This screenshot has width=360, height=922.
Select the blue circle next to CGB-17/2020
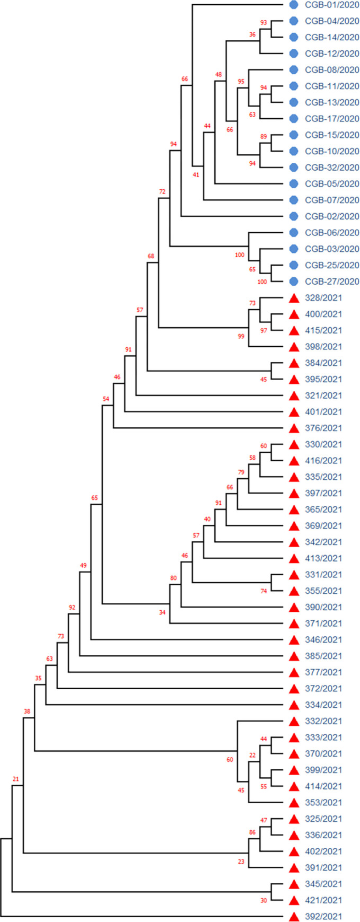[x=294, y=119]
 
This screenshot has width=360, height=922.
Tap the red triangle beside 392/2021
[x=294, y=916]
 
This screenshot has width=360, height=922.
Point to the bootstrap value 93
[x=264, y=22]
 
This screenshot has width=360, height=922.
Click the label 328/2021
[x=323, y=298]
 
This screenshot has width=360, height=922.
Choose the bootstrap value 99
[x=241, y=336]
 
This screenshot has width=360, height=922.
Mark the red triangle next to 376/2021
[x=294, y=428]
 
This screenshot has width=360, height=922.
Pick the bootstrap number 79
[x=241, y=472]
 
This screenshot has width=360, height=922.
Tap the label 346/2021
[x=323, y=639]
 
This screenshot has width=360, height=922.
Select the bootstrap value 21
[x=16, y=779]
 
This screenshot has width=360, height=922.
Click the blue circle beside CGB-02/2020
[x=294, y=216]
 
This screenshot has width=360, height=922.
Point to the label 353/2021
[x=323, y=802]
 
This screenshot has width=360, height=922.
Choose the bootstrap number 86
[x=252, y=832]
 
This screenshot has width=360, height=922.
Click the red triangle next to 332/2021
[x=294, y=721]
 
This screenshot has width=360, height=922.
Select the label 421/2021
[x=323, y=900]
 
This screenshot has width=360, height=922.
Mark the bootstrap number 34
[x=162, y=612]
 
